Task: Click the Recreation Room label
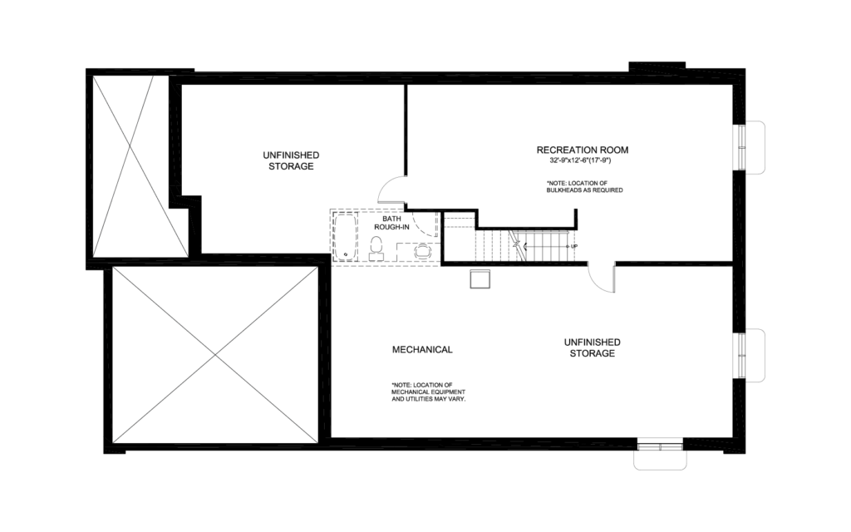click(x=582, y=150)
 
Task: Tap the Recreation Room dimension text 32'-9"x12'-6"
click(x=582, y=160)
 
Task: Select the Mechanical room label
click(x=422, y=349)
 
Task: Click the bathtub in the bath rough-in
click(x=346, y=237)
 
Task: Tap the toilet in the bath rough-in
click(x=376, y=248)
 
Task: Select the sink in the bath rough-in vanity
click(x=423, y=249)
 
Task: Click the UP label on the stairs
click(x=573, y=247)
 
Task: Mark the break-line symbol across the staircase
click(x=517, y=245)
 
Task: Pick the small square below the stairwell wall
click(x=480, y=278)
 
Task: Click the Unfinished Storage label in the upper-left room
click(x=291, y=160)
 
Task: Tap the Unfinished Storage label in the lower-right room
click(x=592, y=347)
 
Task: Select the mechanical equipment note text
click(x=428, y=392)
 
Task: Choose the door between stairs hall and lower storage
click(x=602, y=278)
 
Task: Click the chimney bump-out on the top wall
click(x=657, y=66)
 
